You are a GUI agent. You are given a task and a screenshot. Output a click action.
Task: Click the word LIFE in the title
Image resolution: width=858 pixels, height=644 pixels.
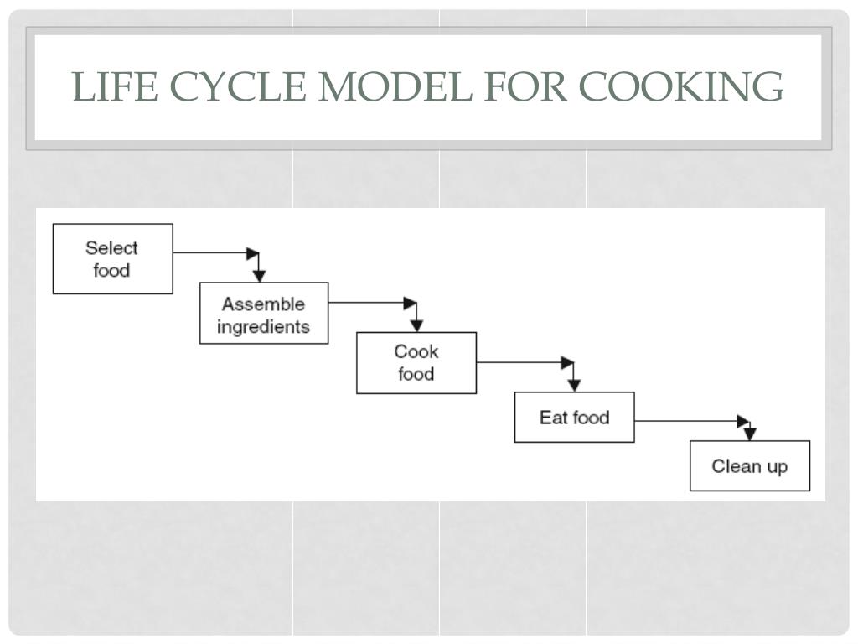(115, 86)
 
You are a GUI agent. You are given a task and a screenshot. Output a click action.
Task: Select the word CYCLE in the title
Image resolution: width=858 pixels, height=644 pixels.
(237, 86)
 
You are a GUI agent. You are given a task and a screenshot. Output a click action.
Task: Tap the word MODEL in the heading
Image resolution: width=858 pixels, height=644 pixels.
(395, 86)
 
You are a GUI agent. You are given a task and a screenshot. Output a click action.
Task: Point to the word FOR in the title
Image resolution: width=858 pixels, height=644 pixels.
(525, 86)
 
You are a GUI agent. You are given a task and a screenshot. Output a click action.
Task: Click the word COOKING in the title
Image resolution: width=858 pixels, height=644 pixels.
(680, 86)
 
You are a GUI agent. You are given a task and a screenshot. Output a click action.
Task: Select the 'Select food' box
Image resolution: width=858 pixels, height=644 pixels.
(113, 258)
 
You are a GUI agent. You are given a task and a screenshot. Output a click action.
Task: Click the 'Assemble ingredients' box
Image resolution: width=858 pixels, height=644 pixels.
(264, 314)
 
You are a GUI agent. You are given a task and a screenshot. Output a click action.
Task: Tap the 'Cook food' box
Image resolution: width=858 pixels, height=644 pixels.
(416, 362)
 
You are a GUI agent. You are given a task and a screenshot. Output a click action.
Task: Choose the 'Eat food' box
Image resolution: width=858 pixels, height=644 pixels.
(575, 418)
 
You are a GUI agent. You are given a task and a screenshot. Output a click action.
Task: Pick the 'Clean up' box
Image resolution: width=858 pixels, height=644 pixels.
(750, 465)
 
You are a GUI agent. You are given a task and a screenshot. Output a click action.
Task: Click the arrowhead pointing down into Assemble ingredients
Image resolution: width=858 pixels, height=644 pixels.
(259, 275)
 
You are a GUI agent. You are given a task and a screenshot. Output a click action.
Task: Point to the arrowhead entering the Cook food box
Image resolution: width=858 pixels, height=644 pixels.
(416, 325)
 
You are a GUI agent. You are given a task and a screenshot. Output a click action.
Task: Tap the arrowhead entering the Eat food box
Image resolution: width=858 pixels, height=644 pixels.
(573, 386)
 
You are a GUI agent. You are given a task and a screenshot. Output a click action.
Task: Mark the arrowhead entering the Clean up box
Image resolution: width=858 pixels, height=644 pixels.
(750, 434)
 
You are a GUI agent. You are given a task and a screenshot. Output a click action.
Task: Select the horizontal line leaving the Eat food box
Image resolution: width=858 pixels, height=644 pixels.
(691, 421)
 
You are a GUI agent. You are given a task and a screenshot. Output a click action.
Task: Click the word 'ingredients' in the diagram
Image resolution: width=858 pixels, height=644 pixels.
(263, 327)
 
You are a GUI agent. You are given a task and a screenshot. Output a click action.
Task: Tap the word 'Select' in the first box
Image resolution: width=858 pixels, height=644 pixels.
(111, 248)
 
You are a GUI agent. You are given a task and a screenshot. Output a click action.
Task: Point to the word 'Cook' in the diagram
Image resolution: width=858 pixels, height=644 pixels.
(416, 351)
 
